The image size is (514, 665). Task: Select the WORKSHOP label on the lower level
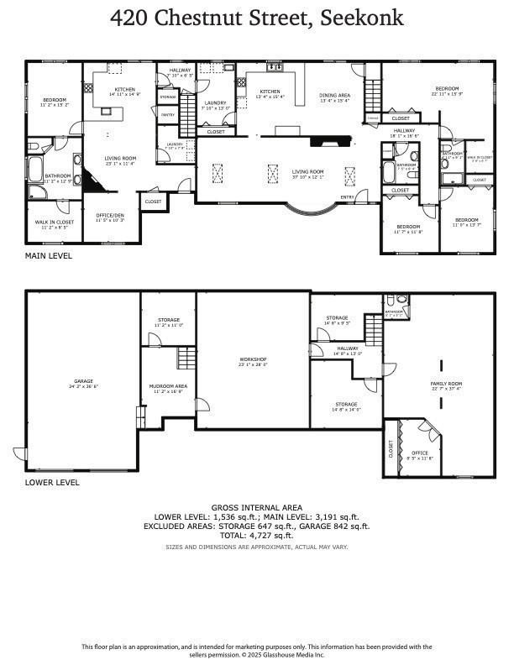[x=252, y=359]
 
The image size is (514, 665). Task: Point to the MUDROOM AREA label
[x=168, y=386]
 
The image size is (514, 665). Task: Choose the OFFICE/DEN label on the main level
[x=109, y=215]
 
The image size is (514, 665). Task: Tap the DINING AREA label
[x=334, y=95]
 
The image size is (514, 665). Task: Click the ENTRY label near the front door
[x=347, y=197]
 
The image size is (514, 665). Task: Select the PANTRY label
[x=167, y=114]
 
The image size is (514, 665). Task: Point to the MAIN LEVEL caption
[x=48, y=256]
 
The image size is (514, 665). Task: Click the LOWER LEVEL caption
[x=52, y=483]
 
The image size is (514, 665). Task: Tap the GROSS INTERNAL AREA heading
[x=256, y=508]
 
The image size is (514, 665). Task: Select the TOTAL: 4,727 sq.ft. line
[x=256, y=535]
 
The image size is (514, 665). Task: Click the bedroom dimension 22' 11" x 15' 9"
[x=447, y=93]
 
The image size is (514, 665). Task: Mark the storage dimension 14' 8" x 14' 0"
[x=346, y=409]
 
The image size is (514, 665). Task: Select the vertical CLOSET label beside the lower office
[x=391, y=449]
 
